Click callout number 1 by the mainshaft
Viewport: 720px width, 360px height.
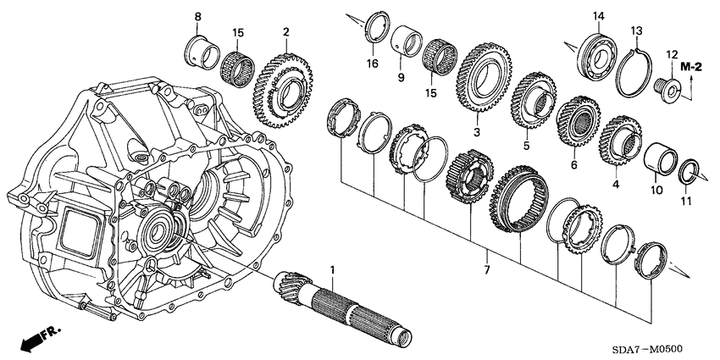click(x=333, y=270)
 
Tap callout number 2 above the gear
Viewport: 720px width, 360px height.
click(x=287, y=32)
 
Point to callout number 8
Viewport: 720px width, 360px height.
click(x=197, y=17)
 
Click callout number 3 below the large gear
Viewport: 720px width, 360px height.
click(x=476, y=132)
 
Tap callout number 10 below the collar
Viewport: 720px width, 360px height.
click(x=655, y=191)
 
